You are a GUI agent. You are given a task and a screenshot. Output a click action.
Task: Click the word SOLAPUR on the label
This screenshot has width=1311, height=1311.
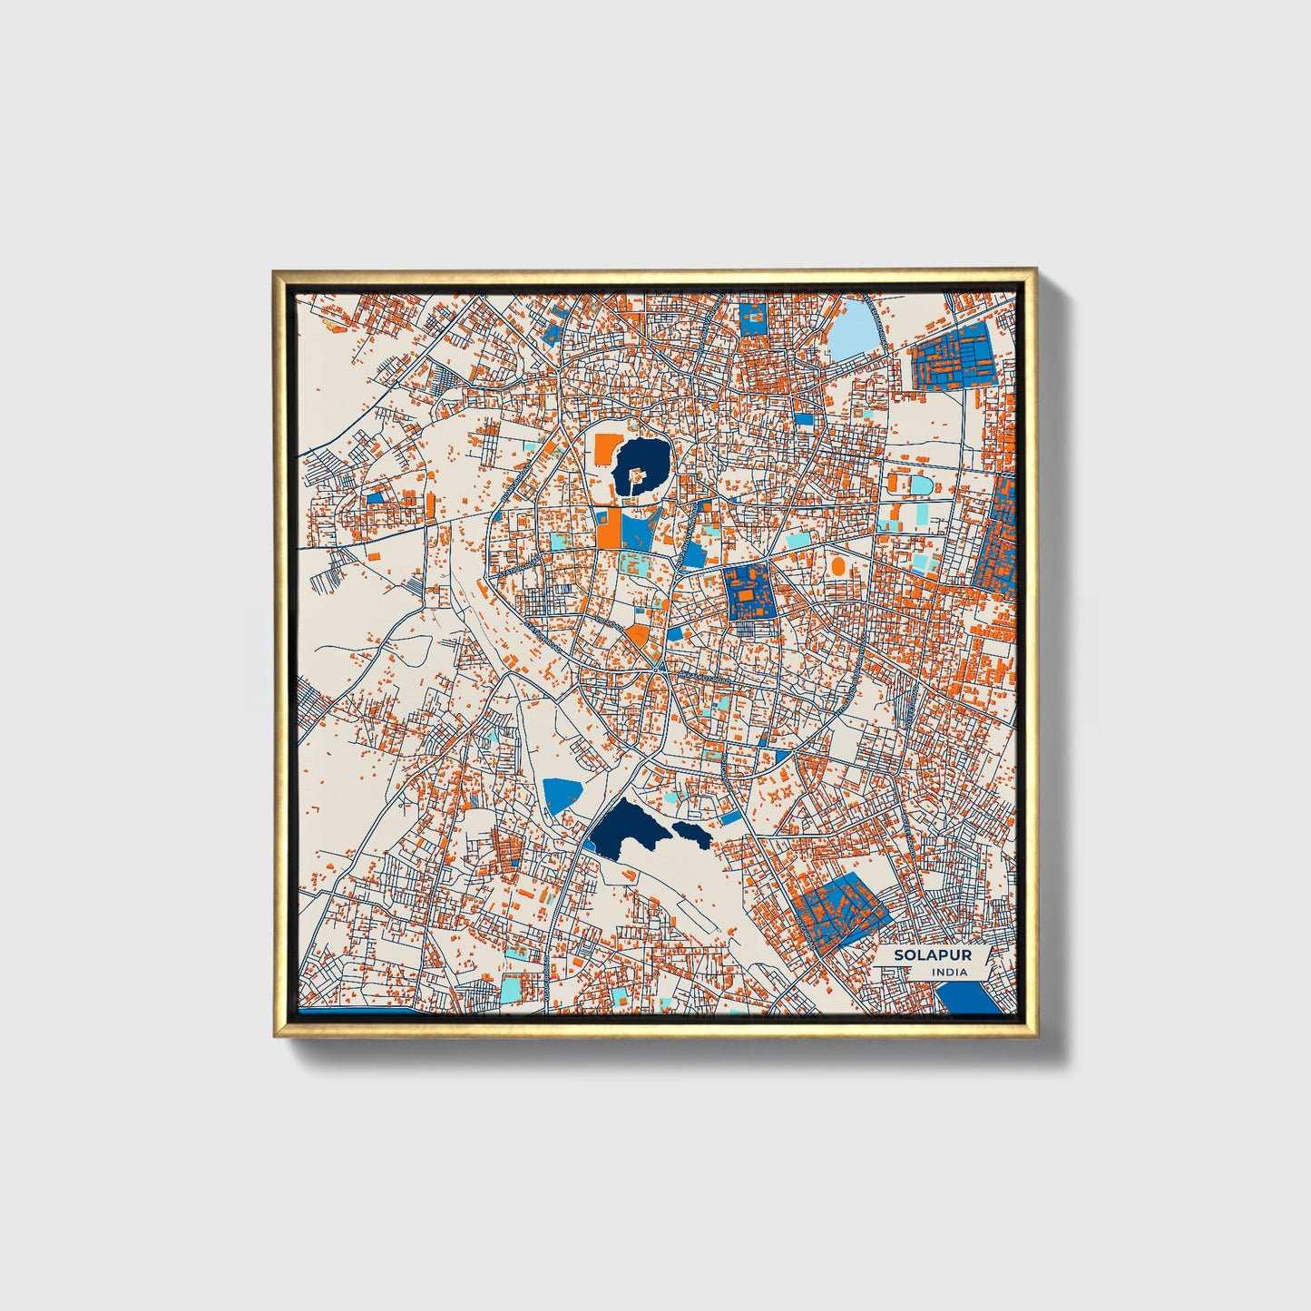click(x=920, y=955)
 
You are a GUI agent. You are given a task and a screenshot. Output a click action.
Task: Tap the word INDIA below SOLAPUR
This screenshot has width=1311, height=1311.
click(x=949, y=972)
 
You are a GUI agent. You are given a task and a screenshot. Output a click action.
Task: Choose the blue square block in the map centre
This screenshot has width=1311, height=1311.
click(x=749, y=592)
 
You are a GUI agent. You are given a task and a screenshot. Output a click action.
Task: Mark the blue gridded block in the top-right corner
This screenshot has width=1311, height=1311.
click(x=954, y=357)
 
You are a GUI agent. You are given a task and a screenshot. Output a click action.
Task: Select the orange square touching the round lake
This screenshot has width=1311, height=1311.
click(x=604, y=447)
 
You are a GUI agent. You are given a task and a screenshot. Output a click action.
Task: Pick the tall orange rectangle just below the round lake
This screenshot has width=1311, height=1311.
click(x=608, y=527)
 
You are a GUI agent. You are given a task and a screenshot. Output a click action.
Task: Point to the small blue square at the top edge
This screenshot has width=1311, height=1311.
click(x=753, y=319)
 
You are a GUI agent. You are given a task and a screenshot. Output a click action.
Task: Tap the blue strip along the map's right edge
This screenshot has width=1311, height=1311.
click(x=998, y=540)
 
